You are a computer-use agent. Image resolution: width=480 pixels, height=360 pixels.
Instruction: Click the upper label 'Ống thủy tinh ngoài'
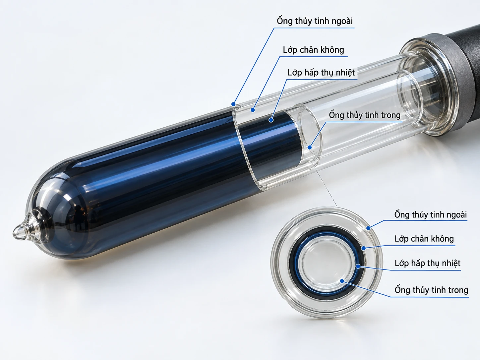[315, 21]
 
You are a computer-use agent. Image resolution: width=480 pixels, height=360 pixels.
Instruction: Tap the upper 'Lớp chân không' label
[313, 50]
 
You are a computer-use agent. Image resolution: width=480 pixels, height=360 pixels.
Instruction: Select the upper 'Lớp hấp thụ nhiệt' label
[321, 73]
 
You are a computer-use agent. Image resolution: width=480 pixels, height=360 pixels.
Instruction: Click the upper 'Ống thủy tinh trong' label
[365, 115]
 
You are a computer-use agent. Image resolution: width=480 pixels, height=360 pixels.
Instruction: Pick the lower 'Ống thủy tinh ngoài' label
[430, 214]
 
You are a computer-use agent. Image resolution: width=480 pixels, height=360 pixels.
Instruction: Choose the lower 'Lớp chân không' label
[424, 238]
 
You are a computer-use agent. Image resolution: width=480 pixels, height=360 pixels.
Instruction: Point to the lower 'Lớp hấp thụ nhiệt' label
[427, 263]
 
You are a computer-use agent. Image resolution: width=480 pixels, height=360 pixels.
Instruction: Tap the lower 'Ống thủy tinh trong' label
[431, 290]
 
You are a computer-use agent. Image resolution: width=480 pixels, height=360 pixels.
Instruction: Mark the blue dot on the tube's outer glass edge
[233, 104]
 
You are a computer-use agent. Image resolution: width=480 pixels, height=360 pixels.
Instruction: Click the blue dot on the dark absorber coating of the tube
[271, 120]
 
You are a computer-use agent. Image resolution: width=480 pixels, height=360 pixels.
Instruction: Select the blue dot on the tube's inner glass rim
[309, 147]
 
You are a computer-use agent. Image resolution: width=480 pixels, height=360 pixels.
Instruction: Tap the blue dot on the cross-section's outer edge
[368, 228]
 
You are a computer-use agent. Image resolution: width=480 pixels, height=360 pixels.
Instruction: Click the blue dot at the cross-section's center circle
[342, 281]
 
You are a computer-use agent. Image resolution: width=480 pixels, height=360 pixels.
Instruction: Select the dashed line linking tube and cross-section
[326, 188]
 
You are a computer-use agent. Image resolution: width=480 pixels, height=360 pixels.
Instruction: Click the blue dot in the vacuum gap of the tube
[253, 110]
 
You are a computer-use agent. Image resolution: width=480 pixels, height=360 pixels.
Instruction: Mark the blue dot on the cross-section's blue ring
[358, 266]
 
